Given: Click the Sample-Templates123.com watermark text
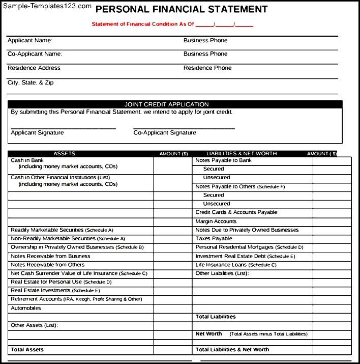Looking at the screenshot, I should [46, 7].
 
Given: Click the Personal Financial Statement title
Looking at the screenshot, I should [182, 9].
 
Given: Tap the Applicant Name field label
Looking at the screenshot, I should [30, 40].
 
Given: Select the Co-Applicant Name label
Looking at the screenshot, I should [35, 53].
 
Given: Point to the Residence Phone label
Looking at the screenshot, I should [207, 68].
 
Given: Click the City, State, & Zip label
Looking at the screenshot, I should [31, 82].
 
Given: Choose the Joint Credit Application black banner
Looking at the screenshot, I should [174, 104].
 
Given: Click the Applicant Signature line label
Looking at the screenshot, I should [38, 133].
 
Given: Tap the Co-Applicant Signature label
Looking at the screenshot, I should [165, 133].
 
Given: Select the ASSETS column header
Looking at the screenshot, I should [64, 153].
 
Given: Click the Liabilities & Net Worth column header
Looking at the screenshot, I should [242, 153].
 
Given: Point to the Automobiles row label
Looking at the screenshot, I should [26, 308].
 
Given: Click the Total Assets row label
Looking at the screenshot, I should [27, 350].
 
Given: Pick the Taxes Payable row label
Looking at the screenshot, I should [214, 239].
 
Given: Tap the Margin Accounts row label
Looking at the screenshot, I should [216, 221].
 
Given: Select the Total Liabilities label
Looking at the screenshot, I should [216, 317].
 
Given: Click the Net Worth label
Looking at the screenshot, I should [209, 334].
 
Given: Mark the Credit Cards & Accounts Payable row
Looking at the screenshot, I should [236, 212].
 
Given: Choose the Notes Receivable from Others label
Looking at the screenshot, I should [48, 265].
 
